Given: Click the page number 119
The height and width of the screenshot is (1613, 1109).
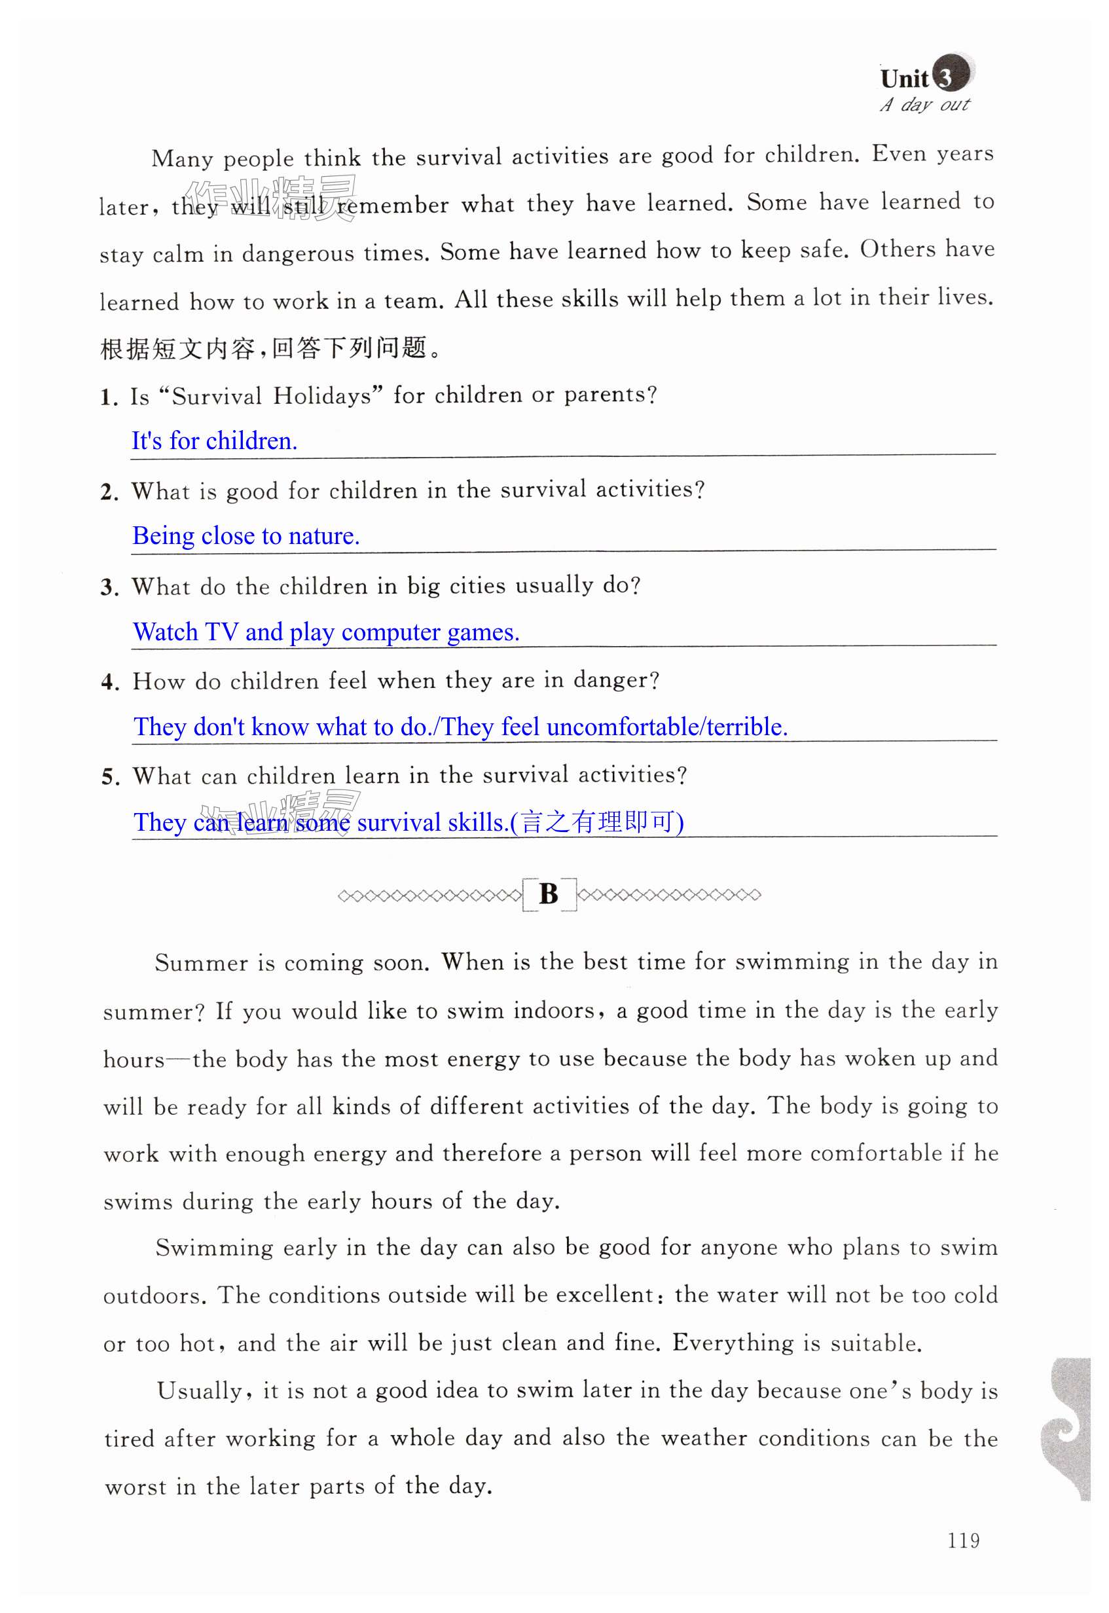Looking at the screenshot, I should pyautogui.click(x=963, y=1540).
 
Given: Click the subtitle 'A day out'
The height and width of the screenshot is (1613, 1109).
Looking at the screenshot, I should pyautogui.click(x=924, y=105).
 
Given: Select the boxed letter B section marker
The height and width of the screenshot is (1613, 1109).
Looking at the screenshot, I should pyautogui.click(x=549, y=894).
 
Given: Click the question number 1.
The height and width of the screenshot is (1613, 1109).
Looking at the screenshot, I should pyautogui.click(x=109, y=397).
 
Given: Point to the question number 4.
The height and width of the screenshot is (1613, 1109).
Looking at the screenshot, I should pyautogui.click(x=110, y=682).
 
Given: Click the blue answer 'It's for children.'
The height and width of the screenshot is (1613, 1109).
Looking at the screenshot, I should pyautogui.click(x=215, y=441).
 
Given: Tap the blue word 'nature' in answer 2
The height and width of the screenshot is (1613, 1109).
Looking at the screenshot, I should pyautogui.click(x=323, y=535).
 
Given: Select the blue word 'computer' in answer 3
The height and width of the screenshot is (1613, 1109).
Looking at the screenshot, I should pyautogui.click(x=391, y=632).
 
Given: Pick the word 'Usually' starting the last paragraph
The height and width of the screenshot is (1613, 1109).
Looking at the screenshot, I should pyautogui.click(x=200, y=1390).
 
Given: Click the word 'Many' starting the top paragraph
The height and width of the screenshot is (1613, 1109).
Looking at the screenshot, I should pyautogui.click(x=182, y=158).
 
